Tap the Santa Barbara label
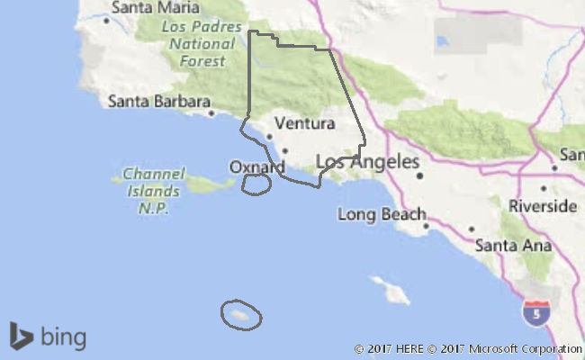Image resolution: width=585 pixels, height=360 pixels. coord(157,101)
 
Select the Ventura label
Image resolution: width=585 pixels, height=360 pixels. coord(304,122)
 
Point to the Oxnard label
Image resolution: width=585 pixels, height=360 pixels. coord(256,167)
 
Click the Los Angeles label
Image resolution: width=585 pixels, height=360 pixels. coord(368,163)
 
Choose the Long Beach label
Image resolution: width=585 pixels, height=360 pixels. coord(382,214)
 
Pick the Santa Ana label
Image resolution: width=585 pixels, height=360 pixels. coord(508,244)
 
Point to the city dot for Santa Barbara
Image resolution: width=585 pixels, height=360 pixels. coord(211,113)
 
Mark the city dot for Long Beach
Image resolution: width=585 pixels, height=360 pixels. coord(427,227)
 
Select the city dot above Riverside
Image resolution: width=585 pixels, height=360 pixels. coord(543,189)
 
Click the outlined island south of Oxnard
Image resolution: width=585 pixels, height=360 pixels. coord(256,184)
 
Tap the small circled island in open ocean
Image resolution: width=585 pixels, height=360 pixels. coord(241,314)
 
